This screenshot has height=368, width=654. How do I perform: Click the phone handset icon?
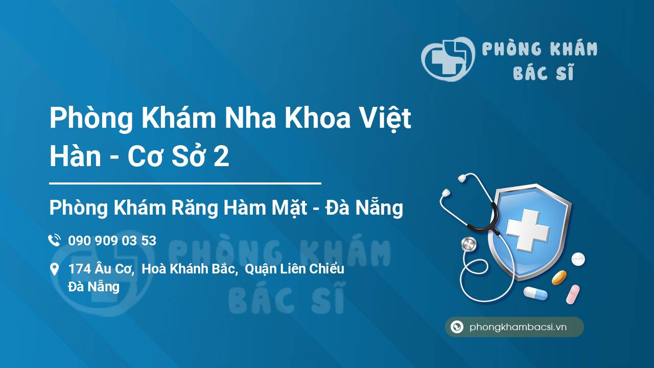point(54,240)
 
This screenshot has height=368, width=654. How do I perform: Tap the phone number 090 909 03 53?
point(112,241)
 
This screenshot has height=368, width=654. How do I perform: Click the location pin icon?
point(54,269)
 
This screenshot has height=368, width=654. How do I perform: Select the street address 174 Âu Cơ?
point(101,269)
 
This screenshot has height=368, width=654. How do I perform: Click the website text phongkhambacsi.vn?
point(518,327)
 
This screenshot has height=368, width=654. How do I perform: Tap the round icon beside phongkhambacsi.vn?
point(457,327)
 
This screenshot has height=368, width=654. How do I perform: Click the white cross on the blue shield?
point(528,230)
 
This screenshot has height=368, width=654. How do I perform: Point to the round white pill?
point(578,259)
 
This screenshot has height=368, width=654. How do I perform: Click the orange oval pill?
point(559,278)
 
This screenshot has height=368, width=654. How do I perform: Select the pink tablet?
point(573,294)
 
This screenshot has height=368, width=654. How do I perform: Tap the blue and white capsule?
point(535,293)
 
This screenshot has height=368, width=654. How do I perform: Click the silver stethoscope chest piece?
point(469,244)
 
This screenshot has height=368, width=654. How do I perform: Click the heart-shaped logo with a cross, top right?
point(448,59)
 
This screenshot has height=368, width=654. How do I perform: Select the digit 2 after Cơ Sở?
point(221,156)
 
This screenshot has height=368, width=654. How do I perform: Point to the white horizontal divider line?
point(185,183)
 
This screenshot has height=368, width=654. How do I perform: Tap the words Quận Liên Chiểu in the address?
point(294,269)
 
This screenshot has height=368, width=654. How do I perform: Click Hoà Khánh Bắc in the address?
point(189,269)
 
